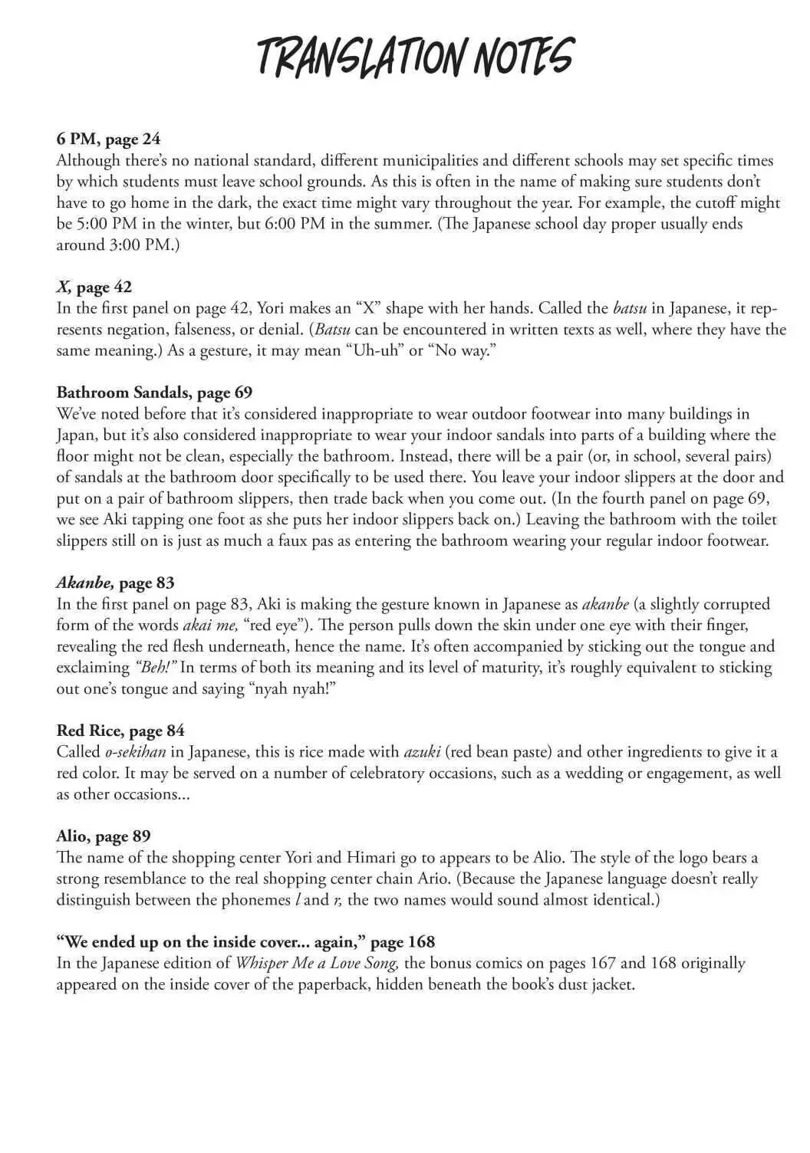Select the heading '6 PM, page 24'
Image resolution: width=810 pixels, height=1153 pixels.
tap(108, 139)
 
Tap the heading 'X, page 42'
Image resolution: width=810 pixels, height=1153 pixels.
tap(94, 287)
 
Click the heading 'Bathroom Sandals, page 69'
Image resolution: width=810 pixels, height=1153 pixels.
tap(154, 393)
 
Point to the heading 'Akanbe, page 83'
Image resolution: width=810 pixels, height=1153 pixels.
tap(115, 582)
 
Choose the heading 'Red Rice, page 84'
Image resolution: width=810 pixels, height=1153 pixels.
tap(120, 730)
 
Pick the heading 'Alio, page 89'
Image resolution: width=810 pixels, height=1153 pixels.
tap(103, 836)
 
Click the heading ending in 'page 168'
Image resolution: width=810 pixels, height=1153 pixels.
tap(245, 941)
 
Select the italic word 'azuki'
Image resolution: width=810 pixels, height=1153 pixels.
tap(421, 751)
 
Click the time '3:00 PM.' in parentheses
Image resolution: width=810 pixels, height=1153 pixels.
tap(146, 245)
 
